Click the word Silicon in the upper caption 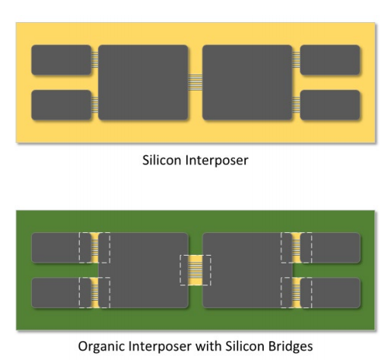point(162,161)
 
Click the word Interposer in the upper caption point(217,161)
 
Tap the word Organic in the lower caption point(101,346)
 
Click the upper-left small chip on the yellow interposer point(62,60)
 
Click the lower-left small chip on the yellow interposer point(62,105)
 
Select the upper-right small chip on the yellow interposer point(330,60)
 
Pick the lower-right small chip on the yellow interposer point(330,105)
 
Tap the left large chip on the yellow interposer point(143,82)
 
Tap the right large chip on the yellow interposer point(247,82)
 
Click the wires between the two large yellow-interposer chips point(195,82)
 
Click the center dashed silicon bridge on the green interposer point(195,270)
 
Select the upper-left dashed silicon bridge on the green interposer point(94,247)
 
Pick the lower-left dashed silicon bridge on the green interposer point(94,293)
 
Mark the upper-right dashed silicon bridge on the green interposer point(296,247)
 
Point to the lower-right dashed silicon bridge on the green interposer point(296,293)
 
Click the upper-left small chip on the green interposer point(62,247)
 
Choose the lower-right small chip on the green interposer point(330,293)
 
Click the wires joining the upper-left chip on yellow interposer point(95,59)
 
